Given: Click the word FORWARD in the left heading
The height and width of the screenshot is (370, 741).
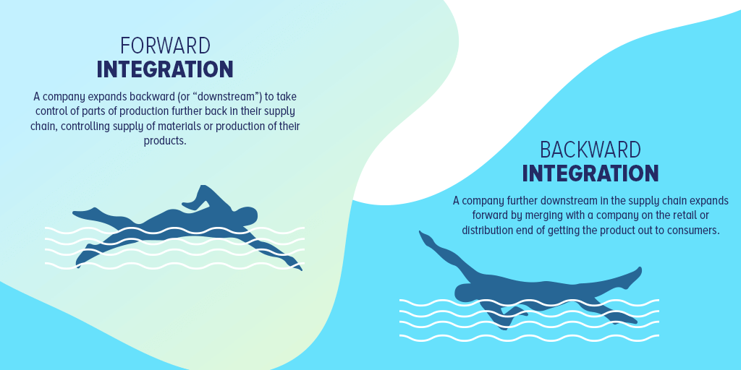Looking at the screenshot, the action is pos(166,46).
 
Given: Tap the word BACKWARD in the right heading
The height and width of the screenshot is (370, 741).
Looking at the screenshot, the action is pos(590,150).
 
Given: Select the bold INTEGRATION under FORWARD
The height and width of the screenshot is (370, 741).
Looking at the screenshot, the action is pos(165,69).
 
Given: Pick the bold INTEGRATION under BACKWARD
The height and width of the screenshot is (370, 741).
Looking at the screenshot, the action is pos(590,173).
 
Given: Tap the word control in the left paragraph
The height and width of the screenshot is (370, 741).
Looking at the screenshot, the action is pos(48,112).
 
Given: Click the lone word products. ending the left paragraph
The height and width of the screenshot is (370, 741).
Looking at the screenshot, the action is pos(165,141).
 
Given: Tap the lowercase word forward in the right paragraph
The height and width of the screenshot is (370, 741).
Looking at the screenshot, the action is pos(488,215).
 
